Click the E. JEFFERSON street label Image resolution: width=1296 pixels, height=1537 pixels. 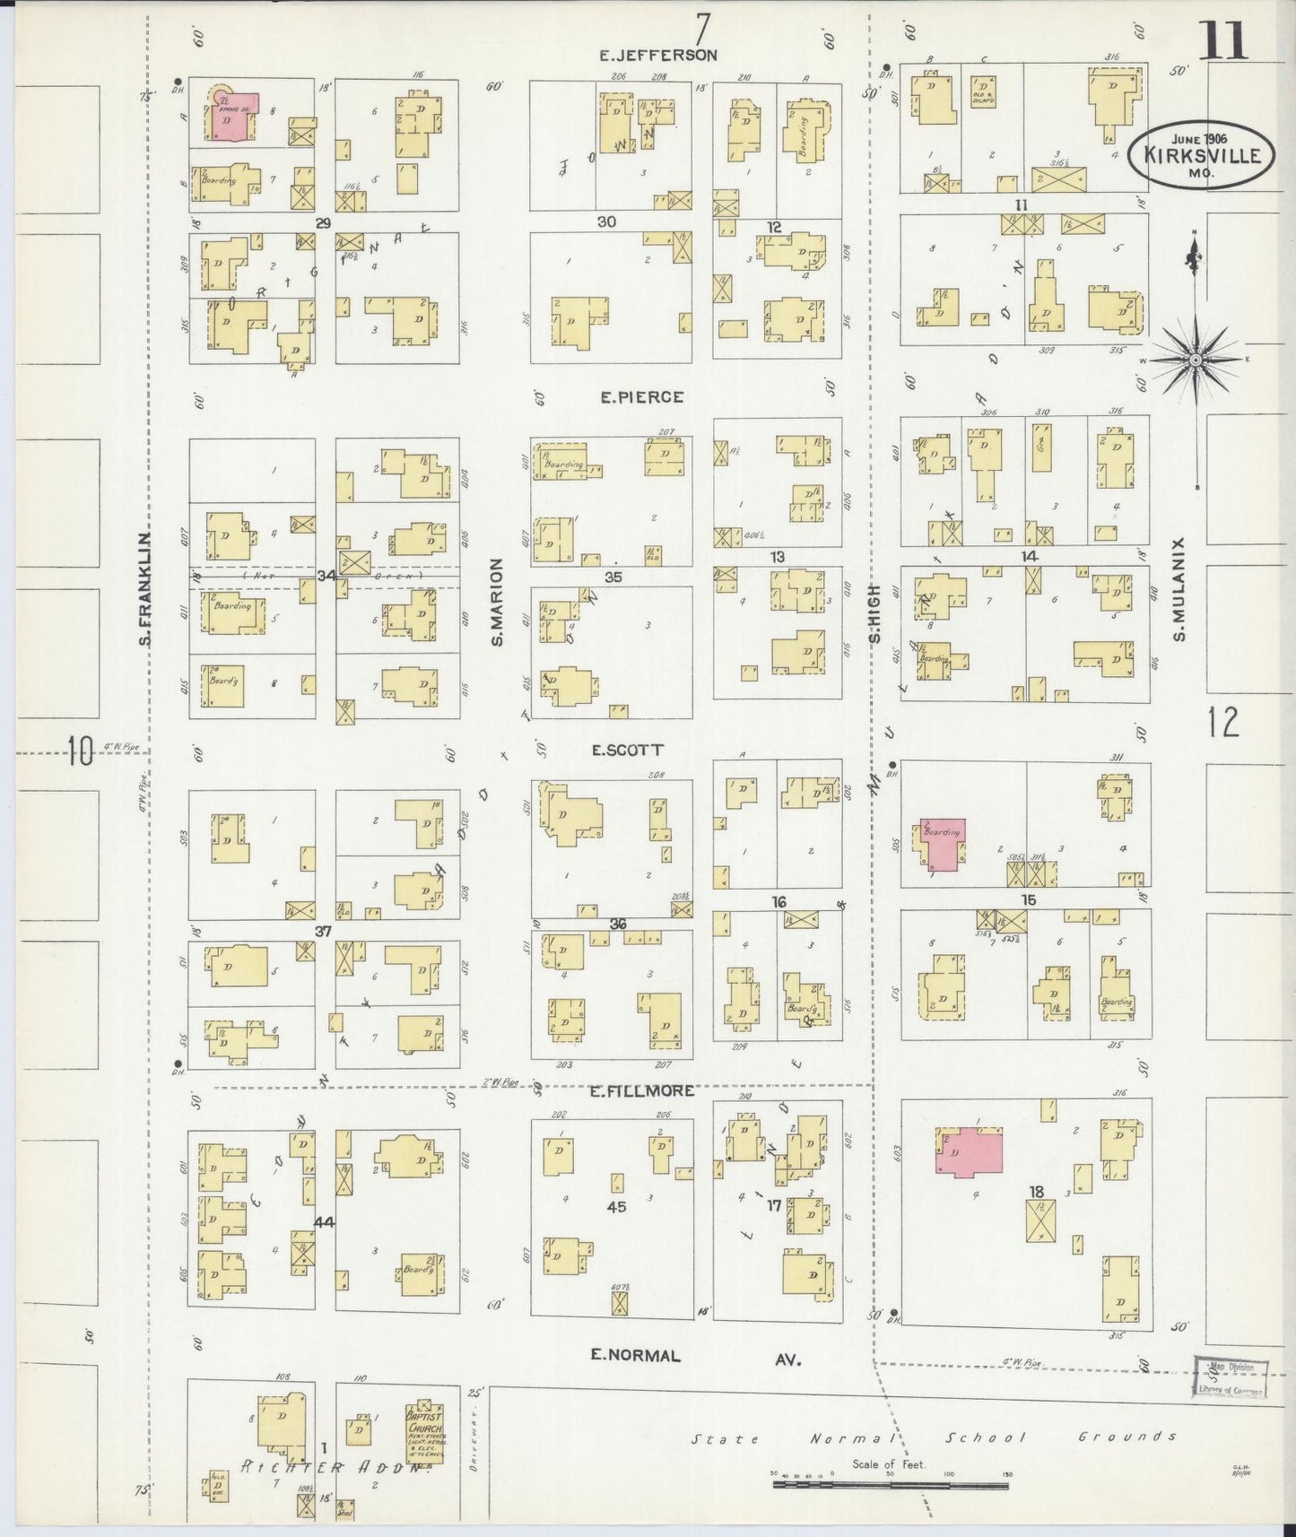click(658, 55)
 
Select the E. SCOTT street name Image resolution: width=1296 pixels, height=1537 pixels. click(627, 750)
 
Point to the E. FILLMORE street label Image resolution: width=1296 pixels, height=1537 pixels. click(641, 1090)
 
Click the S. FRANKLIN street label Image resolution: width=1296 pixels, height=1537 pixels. click(144, 589)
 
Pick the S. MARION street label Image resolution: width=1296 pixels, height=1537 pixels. click(497, 602)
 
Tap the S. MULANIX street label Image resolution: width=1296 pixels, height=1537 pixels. click(1179, 589)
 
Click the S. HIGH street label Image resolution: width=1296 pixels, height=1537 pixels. click(874, 614)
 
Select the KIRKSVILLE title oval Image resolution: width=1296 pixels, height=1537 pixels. click(1201, 155)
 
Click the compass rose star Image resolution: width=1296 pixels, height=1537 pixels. click(1195, 360)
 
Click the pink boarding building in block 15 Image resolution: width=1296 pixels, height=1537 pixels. click(941, 843)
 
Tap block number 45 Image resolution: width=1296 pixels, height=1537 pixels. click(616, 1207)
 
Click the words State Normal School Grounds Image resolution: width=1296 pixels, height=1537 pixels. click(933, 1437)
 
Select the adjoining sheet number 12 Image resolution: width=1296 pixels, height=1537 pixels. click(1223, 722)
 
